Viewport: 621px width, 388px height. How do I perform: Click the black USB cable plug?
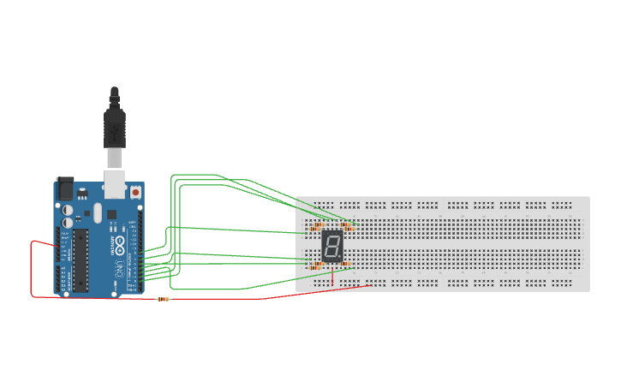115,128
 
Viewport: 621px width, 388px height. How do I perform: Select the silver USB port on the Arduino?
114,185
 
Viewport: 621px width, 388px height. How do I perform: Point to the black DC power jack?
64,188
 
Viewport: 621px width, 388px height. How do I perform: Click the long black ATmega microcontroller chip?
81,260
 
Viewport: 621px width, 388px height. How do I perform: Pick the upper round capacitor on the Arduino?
68,209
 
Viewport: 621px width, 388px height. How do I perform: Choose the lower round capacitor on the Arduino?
68,220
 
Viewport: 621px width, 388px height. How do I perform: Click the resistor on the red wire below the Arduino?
163,299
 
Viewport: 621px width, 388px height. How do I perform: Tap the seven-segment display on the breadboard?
332,248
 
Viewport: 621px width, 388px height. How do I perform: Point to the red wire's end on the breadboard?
369,284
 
